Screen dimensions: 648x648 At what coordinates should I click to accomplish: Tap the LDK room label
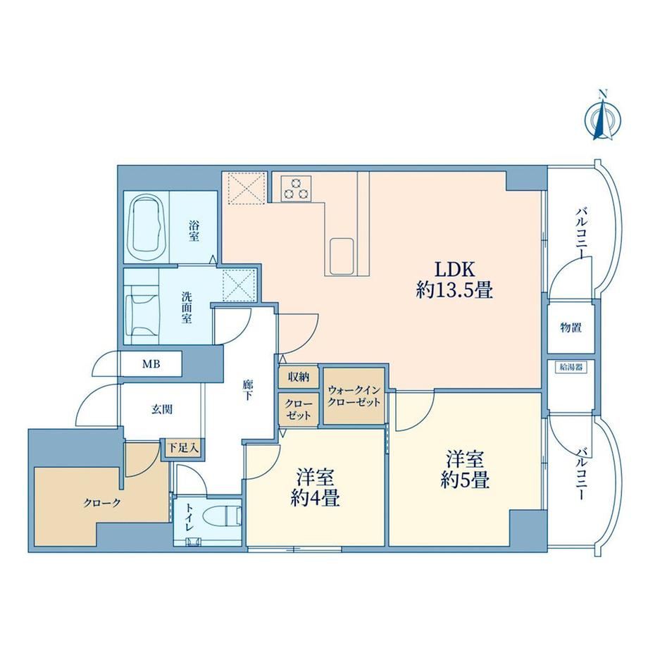[454, 280]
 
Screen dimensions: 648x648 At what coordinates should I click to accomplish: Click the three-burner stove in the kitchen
[296, 188]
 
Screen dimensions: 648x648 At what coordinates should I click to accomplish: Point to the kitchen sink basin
[342, 256]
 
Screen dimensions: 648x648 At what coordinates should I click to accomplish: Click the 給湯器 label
[571, 366]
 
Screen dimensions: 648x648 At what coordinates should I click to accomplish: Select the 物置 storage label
[571, 328]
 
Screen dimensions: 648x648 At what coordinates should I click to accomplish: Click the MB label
[151, 364]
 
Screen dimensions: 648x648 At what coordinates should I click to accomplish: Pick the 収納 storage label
[299, 377]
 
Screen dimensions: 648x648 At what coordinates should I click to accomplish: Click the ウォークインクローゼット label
[354, 396]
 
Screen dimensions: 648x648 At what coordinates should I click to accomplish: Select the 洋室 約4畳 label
[316, 487]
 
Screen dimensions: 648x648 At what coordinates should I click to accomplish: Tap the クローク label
[101, 503]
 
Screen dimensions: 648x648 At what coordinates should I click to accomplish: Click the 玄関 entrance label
[161, 409]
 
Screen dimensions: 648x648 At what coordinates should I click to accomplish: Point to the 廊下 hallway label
[247, 390]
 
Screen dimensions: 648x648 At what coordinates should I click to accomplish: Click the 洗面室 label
[187, 308]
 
